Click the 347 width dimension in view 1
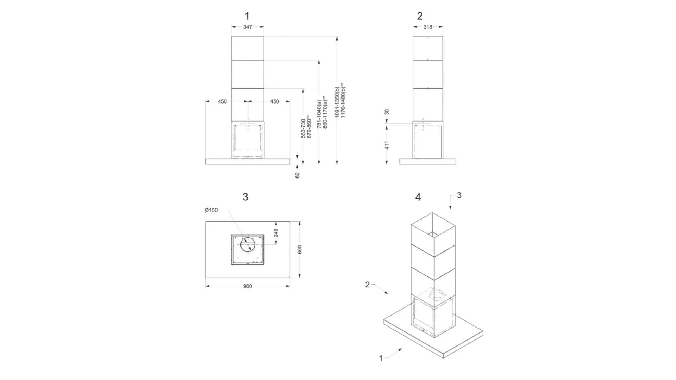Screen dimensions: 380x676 tap(248, 27)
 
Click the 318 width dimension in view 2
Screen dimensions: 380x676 tap(428, 27)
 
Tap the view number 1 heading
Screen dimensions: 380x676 tap(247, 16)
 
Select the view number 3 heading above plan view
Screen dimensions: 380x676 tap(245, 197)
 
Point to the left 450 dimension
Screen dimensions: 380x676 tap(222, 101)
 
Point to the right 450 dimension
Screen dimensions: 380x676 tap(275, 101)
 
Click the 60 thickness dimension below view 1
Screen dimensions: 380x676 tap(298, 175)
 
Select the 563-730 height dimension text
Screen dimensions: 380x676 tap(303, 128)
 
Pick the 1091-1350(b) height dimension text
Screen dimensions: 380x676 tap(337, 102)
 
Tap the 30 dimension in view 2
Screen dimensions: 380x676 tap(387, 112)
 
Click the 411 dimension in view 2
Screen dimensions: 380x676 tap(387, 145)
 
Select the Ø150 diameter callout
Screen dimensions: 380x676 tap(211, 210)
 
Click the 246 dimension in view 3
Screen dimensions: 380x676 tap(276, 233)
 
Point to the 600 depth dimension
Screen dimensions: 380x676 tap(300, 249)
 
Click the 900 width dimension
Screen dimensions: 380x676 tap(248, 286)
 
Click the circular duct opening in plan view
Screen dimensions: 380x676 tap(248, 244)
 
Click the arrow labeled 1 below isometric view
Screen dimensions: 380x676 tap(394, 353)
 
